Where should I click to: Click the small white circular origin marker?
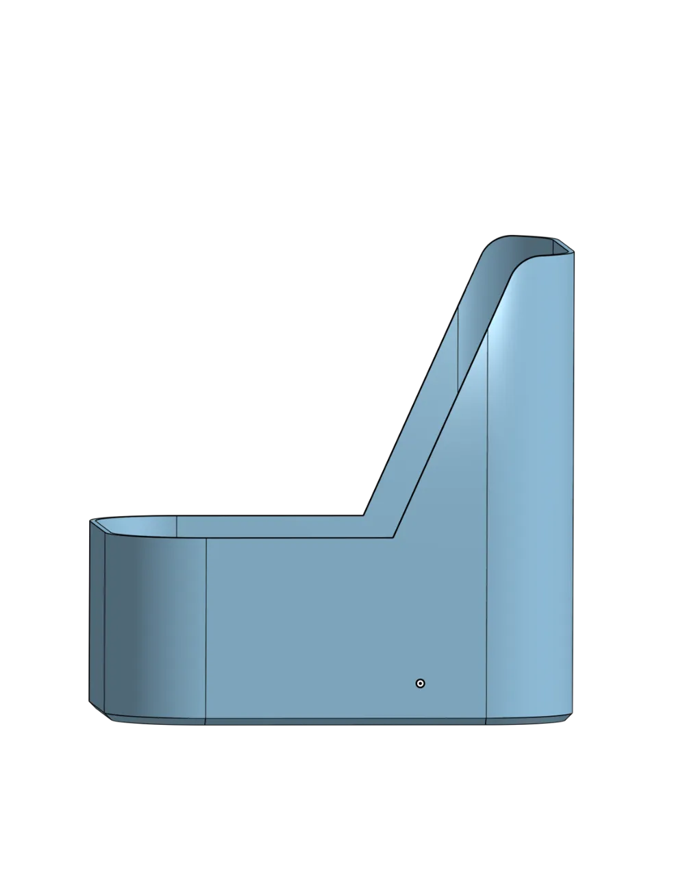(421, 683)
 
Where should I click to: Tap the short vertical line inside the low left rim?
(177, 524)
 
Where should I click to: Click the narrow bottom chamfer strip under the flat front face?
(342, 722)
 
